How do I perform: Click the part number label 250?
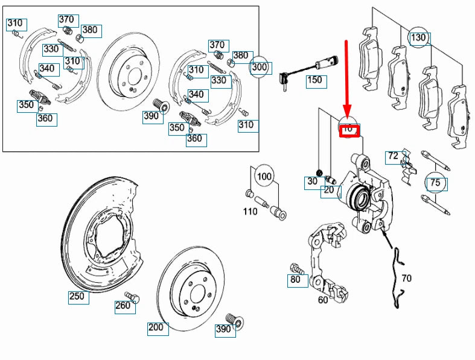(77, 297)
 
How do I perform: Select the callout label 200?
(156, 328)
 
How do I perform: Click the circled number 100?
(264, 177)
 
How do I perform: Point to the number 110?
(250, 212)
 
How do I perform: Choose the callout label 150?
(314, 80)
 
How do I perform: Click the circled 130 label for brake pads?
(418, 38)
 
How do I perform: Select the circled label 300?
(260, 67)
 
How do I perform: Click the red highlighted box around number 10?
(349, 130)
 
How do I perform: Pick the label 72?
(394, 156)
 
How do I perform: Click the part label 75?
(435, 182)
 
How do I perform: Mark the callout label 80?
(296, 280)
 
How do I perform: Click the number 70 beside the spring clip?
(406, 279)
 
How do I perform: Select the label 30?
(312, 182)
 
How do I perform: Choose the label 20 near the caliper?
(329, 191)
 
